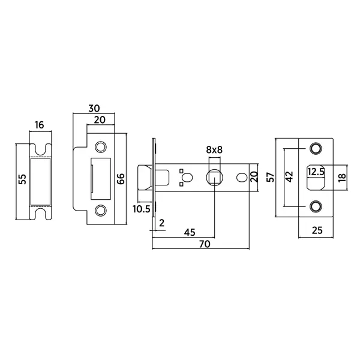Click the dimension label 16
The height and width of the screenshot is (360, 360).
pos(40,125)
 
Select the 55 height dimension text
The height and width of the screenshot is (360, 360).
pos(23,179)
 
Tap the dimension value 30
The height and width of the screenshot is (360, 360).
pos(94,108)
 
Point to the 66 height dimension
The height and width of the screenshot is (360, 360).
pos(121,179)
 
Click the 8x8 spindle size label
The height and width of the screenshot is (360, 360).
pos(214,150)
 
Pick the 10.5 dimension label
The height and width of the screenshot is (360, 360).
pos(142,209)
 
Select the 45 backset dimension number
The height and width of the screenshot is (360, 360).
pos(190,233)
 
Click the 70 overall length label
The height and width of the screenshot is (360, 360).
pos(205,244)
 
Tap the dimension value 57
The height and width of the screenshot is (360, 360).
pos(271,177)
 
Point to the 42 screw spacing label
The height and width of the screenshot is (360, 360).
pos(290,177)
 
